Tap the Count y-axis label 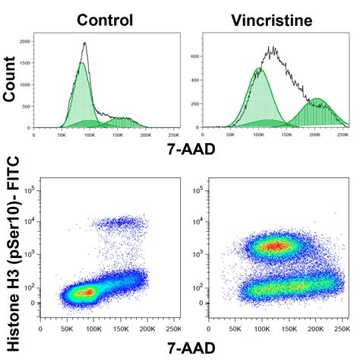(x=11, y=81)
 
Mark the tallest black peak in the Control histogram (x=85, y=44)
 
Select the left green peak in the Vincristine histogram (x=259, y=69)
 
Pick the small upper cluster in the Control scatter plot (x=118, y=223)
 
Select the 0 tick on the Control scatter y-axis (x=30, y=303)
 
